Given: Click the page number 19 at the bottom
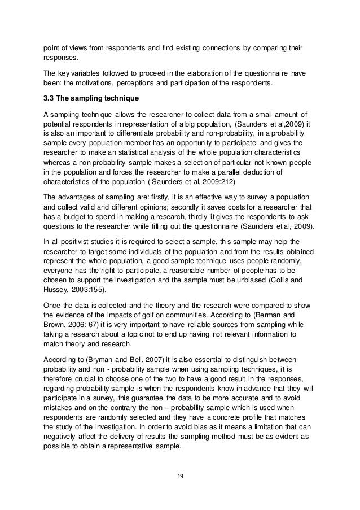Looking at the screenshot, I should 180,476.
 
